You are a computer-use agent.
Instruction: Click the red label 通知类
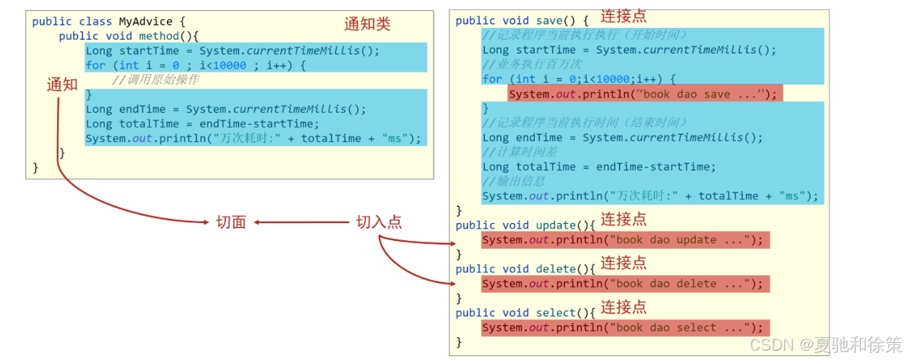367,24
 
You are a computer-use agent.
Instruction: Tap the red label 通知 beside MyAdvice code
62,85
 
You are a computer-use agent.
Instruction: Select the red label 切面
231,222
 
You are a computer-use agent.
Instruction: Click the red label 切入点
379,222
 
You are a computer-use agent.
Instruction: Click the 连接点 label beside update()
623,219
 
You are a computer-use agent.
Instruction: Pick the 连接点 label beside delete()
623,263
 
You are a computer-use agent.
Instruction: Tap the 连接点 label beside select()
623,307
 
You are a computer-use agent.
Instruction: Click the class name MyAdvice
145,21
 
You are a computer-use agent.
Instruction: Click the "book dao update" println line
625,240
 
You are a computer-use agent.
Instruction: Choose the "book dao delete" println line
625,284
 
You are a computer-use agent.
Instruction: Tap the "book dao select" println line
625,328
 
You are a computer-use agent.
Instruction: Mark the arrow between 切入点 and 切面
301,222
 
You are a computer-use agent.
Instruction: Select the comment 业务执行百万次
532,64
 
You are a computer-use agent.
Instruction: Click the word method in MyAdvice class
159,36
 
